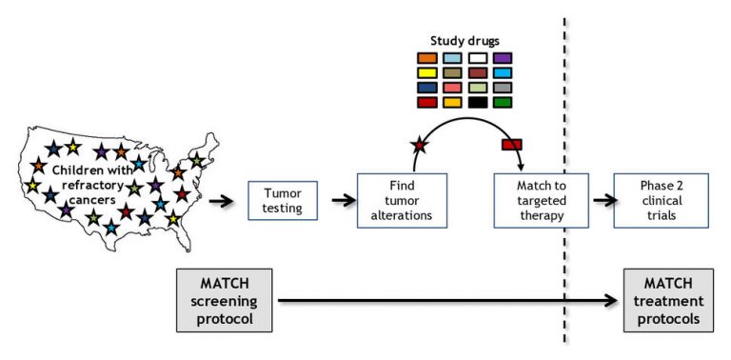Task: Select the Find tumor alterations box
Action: pos(401,200)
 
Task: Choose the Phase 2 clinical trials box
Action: pos(648,200)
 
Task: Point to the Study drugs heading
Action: pos(464,42)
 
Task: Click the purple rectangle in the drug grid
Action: pos(504,58)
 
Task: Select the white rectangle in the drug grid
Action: pos(478,58)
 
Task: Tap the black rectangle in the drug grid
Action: pos(478,102)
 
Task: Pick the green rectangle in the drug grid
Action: pos(504,102)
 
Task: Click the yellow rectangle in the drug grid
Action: pos(427,73)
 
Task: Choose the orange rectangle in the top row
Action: pos(427,58)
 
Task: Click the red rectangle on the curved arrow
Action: pos(512,144)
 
